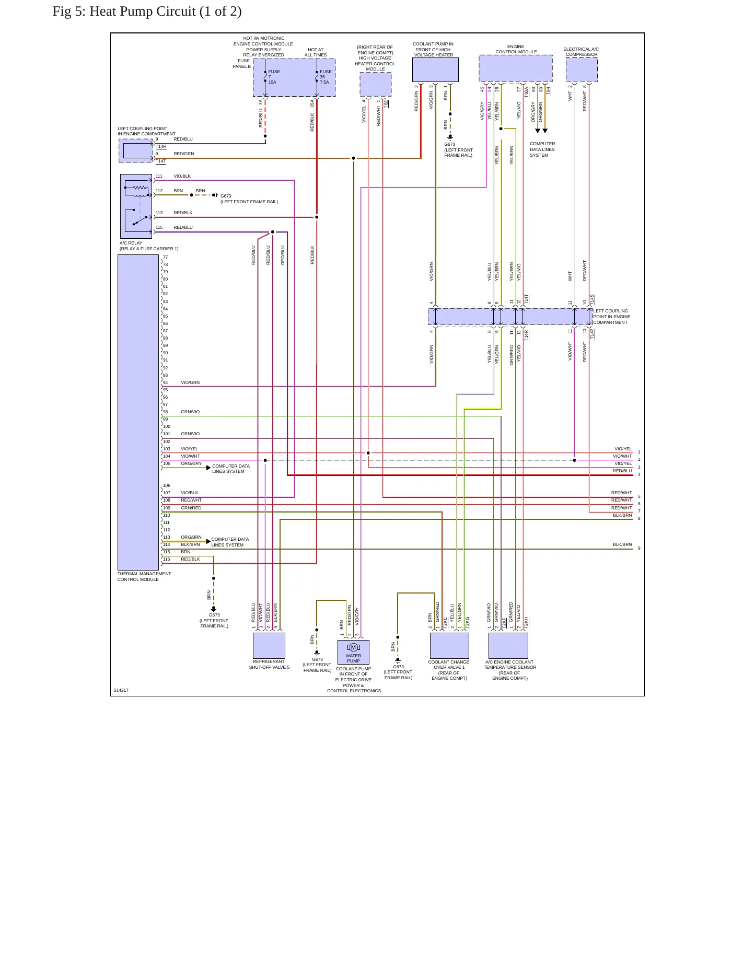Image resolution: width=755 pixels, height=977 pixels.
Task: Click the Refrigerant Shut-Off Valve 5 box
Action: click(x=269, y=646)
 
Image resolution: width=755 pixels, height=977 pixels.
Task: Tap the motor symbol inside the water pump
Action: click(x=353, y=648)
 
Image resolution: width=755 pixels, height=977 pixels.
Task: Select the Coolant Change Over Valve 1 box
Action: click(x=449, y=646)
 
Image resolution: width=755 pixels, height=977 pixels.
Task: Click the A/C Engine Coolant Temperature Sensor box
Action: click(x=508, y=646)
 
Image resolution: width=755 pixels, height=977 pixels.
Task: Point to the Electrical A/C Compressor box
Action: click(x=582, y=69)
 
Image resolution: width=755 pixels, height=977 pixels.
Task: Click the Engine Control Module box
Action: click(x=516, y=69)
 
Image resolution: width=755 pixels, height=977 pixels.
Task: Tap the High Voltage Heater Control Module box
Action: click(x=376, y=85)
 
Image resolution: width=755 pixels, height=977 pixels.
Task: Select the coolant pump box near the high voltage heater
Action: click(x=435, y=69)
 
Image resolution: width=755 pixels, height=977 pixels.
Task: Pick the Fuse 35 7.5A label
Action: click(x=326, y=77)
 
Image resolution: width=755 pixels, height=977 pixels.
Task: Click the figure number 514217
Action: click(x=121, y=690)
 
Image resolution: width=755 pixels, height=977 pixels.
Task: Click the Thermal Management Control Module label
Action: click(x=144, y=576)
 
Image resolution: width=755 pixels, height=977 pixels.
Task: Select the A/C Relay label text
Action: click(x=131, y=243)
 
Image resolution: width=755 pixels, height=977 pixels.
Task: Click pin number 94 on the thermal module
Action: click(x=166, y=382)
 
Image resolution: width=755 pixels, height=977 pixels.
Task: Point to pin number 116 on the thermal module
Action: click(x=167, y=559)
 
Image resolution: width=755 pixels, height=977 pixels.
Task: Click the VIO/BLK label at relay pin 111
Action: click(x=182, y=176)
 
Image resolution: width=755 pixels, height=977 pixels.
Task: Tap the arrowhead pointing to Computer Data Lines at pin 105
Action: click(x=208, y=468)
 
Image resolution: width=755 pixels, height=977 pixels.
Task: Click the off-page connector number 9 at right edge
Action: click(x=639, y=548)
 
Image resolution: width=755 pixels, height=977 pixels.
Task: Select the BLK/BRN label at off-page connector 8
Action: click(x=622, y=515)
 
